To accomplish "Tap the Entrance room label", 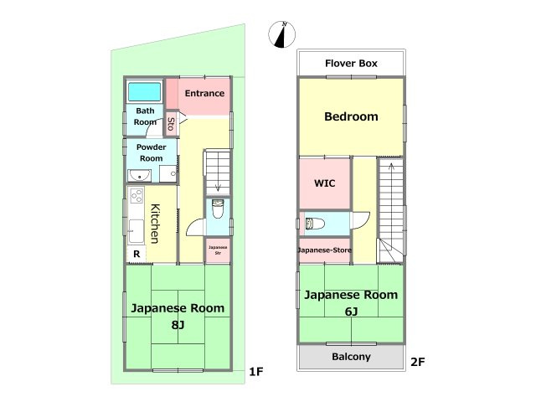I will pyautogui.click(x=204, y=93).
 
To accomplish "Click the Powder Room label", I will pyautogui.click(x=151, y=152).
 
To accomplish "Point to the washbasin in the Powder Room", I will pyautogui.click(x=138, y=175).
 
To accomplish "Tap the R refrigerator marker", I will pyautogui.click(x=135, y=255).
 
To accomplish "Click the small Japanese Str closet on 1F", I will pyautogui.click(x=218, y=249).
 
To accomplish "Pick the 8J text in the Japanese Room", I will pyautogui.click(x=177, y=323).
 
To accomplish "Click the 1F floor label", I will pyautogui.click(x=255, y=371).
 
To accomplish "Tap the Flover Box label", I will pyautogui.click(x=351, y=63).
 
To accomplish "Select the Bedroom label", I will pyautogui.click(x=351, y=116).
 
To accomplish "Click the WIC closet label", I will pyautogui.click(x=325, y=182).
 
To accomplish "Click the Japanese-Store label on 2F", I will pyautogui.click(x=325, y=250).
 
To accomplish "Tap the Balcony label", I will pyautogui.click(x=351, y=357).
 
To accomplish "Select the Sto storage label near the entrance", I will pyautogui.click(x=171, y=124).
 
